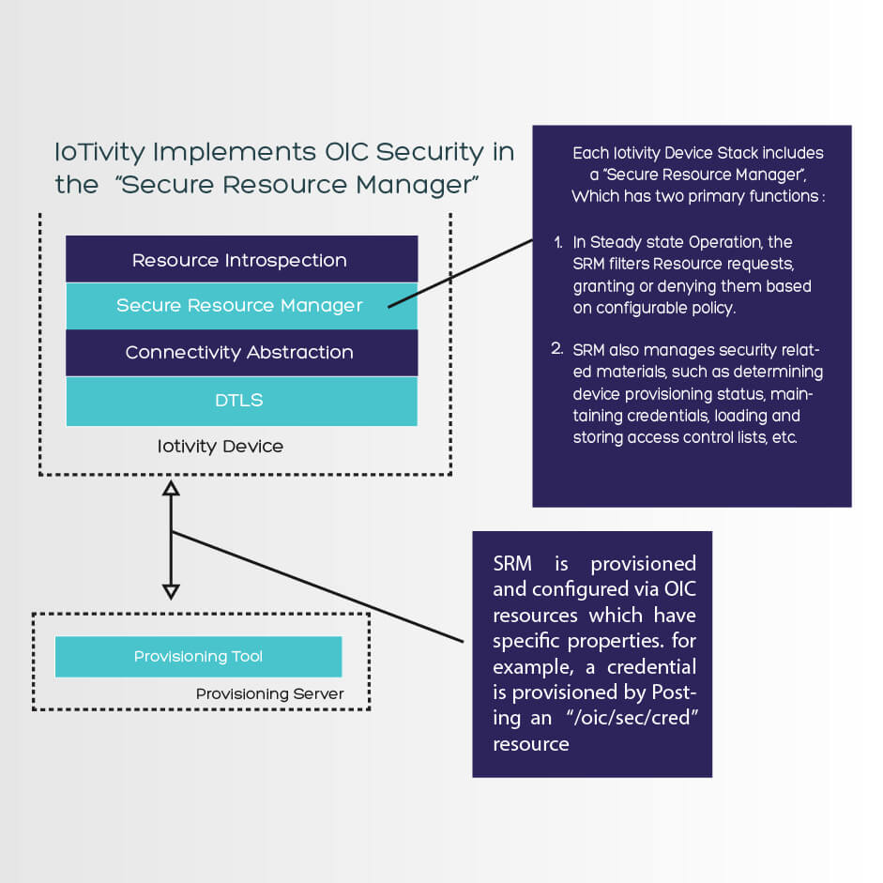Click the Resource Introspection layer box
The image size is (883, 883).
tap(240, 260)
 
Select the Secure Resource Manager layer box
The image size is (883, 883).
tap(240, 306)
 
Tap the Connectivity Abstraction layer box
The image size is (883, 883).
tap(240, 353)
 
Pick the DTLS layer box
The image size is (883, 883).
tap(240, 401)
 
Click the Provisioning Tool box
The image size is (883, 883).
tap(198, 657)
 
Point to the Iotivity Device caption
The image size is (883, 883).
tap(221, 447)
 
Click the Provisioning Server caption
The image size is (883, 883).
tap(270, 694)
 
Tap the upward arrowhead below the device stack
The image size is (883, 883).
tap(171, 489)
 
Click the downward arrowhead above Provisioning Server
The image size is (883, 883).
tap(171, 590)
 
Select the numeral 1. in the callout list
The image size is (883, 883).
tap(558, 243)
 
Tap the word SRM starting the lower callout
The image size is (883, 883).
tap(513, 564)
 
